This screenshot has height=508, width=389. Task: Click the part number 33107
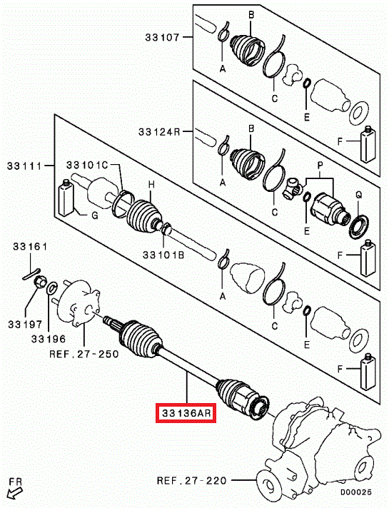pos(162,37)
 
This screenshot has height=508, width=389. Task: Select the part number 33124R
pos(159,132)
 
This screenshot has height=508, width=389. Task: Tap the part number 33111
pos(25,166)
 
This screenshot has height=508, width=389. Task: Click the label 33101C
pos(87,165)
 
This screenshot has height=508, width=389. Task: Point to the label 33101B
pos(163,255)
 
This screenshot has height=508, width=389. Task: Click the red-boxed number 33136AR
pos(186,413)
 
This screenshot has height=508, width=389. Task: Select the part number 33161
pos(30,247)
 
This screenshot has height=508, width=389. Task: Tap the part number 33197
pos(25,324)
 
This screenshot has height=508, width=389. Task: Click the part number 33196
pos(49,339)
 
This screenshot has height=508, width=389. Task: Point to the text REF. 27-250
pos(84,353)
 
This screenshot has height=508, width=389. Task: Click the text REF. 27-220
pos(191,480)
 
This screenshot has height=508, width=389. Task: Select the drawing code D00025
pos(356,492)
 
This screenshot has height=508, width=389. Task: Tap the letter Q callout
pos(358,195)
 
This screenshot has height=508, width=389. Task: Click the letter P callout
pos(320,166)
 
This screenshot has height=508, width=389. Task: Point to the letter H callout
pos(151,185)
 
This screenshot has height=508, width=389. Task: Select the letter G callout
pos(95,215)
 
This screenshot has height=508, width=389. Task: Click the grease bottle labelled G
pos(66,198)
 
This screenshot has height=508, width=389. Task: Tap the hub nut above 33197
pos(40,281)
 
